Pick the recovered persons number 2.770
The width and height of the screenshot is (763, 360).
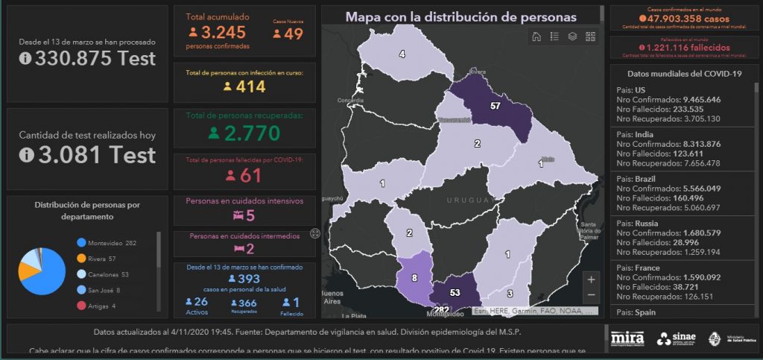[244, 133]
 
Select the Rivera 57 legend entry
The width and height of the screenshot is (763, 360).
[103, 259]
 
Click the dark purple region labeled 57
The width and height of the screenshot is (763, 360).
[495, 107]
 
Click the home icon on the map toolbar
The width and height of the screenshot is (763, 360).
[536, 36]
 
